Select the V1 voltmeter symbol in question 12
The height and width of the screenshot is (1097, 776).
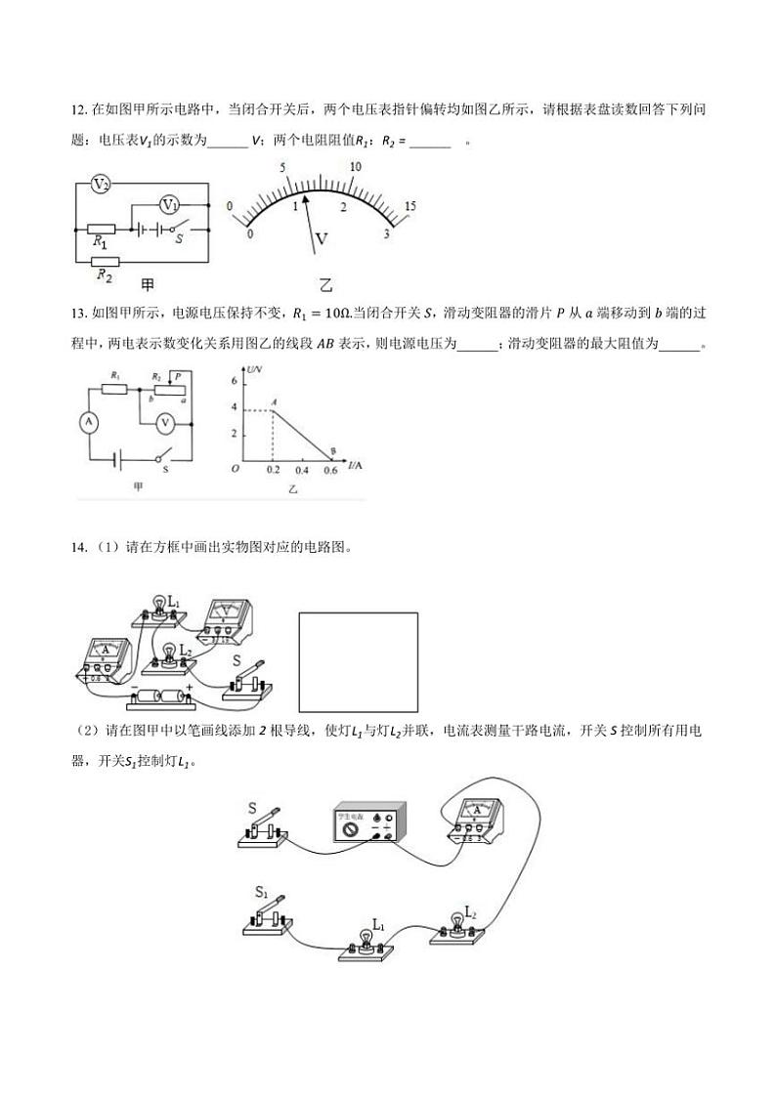click(x=170, y=205)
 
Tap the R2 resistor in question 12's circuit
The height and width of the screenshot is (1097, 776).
click(x=104, y=261)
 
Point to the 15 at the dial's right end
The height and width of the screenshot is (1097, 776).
click(x=410, y=206)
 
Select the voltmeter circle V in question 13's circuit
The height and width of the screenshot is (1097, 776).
click(x=166, y=422)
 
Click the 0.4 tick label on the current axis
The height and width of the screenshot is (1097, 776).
click(x=301, y=471)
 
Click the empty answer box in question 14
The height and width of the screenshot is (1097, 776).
click(x=358, y=661)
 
